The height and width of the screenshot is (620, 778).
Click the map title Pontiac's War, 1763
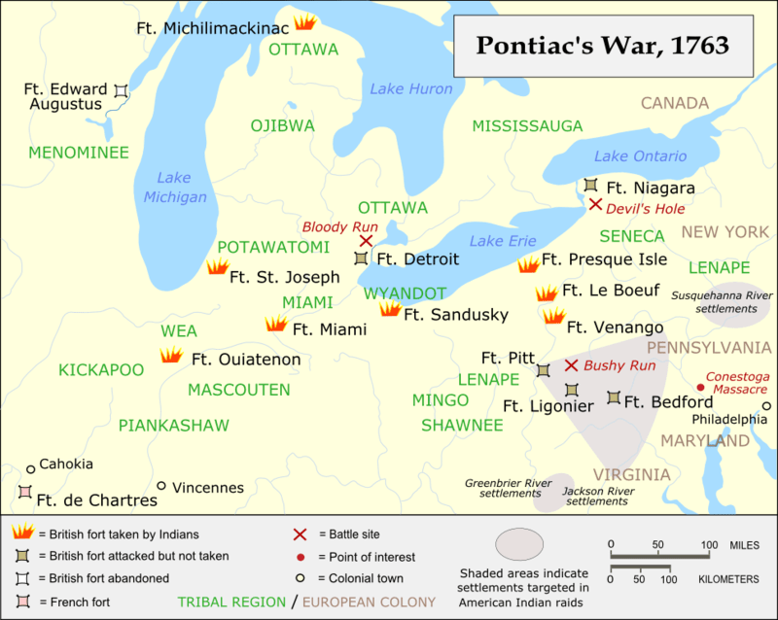pyautogui.click(x=602, y=46)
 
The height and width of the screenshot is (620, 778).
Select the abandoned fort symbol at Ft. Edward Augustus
pyautogui.click(x=121, y=90)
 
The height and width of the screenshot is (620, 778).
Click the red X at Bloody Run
pyautogui.click(x=366, y=241)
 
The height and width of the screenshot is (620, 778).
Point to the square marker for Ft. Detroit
pyautogui.click(x=362, y=258)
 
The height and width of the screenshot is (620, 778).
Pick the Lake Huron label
pyautogui.click(x=410, y=89)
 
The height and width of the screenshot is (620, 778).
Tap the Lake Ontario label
pyautogui.click(x=640, y=155)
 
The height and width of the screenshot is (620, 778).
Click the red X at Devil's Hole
pyautogui.click(x=595, y=204)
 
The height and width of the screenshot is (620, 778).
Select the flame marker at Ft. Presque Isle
pyautogui.click(x=528, y=264)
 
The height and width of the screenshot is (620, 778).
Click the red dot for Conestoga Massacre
pyautogui.click(x=700, y=387)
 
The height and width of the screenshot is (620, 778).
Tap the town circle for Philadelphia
pyautogui.click(x=766, y=406)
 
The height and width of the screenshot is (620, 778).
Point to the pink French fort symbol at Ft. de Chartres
pyautogui.click(x=24, y=492)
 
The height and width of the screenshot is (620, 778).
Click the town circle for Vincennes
pyautogui.click(x=161, y=486)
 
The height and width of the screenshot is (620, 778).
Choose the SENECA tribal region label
pyautogui.click(x=631, y=236)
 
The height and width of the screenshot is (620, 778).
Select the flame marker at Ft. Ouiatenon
pyautogui.click(x=171, y=356)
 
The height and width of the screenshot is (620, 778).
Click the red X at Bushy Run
pyautogui.click(x=572, y=365)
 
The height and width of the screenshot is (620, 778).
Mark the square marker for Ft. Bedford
pyautogui.click(x=614, y=397)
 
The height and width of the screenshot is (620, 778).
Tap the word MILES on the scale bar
pyautogui.click(x=744, y=544)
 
